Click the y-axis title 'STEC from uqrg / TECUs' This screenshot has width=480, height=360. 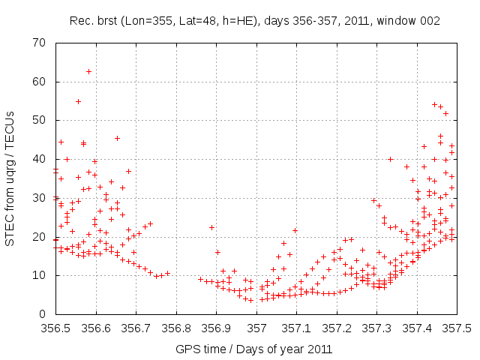[10, 178]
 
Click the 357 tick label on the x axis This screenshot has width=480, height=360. [257, 328]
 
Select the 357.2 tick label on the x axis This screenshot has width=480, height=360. [338, 328]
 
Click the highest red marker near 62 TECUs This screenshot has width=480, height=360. [88, 72]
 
